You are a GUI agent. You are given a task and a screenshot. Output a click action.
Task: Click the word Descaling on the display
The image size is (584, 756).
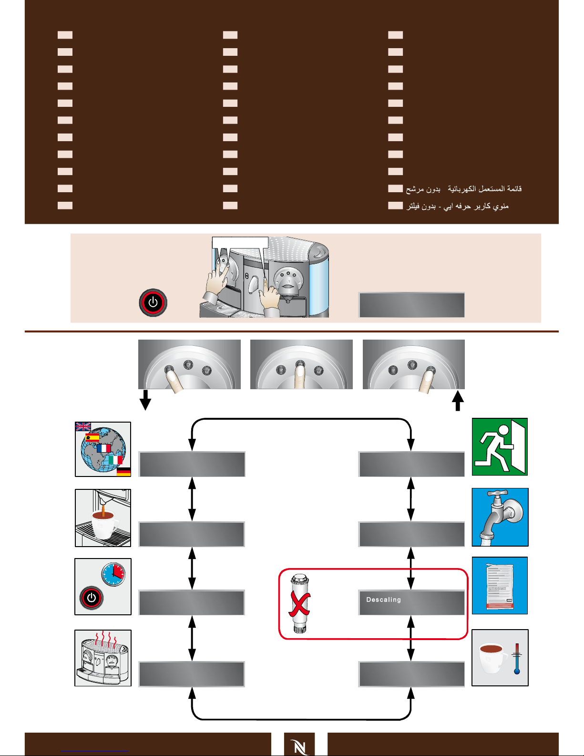383,600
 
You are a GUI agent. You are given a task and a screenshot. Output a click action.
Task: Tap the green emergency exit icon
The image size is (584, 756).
500,447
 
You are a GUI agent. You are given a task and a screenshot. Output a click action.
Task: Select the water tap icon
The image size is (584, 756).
500,517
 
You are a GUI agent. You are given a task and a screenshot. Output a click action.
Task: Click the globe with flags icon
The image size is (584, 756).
103,449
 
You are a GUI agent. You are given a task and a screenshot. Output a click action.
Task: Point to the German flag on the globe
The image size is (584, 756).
123,472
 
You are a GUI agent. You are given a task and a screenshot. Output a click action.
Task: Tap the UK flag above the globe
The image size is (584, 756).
83,426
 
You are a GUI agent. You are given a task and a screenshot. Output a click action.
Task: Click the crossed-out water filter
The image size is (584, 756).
300,603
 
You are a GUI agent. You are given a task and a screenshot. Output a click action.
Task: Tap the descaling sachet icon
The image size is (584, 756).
500,586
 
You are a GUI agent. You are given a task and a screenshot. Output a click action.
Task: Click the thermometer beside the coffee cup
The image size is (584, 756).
517,659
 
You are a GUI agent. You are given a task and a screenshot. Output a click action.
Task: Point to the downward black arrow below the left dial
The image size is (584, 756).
145,400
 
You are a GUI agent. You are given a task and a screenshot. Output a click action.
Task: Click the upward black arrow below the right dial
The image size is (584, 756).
458,401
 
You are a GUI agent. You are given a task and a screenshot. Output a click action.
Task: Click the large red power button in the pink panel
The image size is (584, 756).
153,302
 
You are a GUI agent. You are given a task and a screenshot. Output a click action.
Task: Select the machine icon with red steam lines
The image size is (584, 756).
103,658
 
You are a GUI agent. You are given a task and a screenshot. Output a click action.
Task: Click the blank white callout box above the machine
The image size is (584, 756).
240,243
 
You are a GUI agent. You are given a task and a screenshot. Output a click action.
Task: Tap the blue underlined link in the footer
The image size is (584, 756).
94,752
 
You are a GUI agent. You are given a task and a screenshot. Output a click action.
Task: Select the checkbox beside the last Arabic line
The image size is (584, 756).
395,205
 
